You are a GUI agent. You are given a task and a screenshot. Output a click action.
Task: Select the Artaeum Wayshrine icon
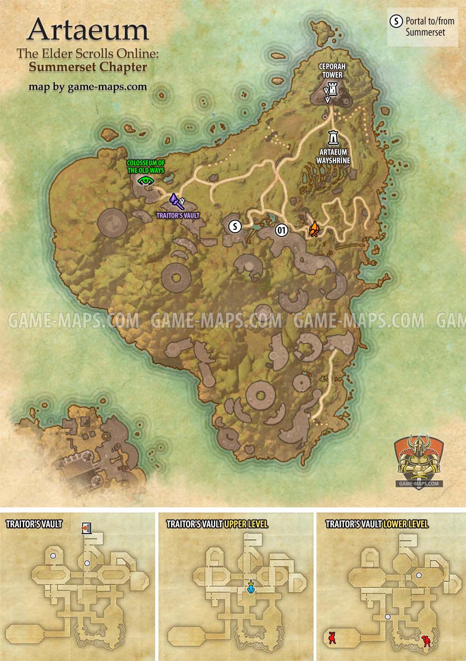(x=334, y=137)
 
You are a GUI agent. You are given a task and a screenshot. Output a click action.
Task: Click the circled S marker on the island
(x=235, y=227)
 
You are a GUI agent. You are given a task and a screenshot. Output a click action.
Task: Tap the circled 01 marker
(x=281, y=230)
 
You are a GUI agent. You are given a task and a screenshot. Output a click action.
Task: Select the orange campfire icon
(x=315, y=229)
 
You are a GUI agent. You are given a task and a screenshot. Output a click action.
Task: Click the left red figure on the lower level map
(x=333, y=637)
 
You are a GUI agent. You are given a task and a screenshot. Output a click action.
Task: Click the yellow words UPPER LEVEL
(x=246, y=524)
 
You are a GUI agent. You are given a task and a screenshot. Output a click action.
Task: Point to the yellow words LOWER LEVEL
(x=405, y=524)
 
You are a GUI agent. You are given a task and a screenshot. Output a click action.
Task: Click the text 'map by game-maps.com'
(x=88, y=86)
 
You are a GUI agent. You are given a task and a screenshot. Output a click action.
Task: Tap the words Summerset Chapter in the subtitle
(x=88, y=67)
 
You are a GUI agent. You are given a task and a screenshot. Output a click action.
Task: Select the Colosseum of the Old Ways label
(x=146, y=167)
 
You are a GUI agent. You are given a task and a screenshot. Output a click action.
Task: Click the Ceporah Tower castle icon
(x=333, y=88)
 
